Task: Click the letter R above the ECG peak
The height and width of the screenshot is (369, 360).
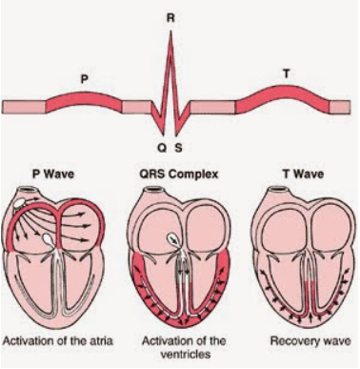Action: coord(170,18)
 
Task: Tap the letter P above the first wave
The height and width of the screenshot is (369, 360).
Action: coord(84,79)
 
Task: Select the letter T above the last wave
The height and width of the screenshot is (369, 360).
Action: coord(287,73)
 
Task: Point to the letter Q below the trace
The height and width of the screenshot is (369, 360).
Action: coord(162,148)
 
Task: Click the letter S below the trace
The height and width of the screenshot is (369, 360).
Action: coord(179,148)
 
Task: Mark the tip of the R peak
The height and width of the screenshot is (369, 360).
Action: coord(170,31)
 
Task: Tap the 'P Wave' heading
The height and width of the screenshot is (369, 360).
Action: coord(53,174)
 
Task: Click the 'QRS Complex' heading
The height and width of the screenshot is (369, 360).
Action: coord(179,174)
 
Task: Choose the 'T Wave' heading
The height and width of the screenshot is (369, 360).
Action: coord(304,174)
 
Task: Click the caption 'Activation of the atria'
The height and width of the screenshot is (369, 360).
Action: coord(57,341)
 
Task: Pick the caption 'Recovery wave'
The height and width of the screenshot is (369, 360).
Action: coord(310,341)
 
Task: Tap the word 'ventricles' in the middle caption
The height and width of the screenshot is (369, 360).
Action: coord(185,354)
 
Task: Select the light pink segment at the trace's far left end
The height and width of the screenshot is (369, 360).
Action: coord(24,107)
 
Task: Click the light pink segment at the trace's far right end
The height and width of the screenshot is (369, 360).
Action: coord(340,107)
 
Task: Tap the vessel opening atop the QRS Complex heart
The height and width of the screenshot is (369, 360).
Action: coord(155,191)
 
